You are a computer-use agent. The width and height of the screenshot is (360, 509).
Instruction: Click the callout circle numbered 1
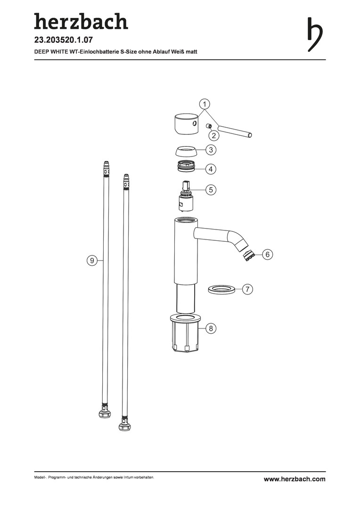tap(205, 104)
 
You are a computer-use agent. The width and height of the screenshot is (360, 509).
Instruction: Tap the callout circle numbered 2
tap(213, 135)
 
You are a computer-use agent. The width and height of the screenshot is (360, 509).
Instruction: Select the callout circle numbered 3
tap(211, 150)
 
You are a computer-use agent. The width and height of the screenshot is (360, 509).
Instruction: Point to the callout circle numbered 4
tap(211, 169)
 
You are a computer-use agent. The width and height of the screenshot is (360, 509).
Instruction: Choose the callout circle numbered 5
tap(211, 189)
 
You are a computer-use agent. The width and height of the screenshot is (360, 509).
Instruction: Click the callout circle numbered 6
tap(268, 254)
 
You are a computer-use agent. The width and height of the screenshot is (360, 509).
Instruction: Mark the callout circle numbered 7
tap(247, 289)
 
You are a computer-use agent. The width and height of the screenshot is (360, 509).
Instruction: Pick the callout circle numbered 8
tap(211, 328)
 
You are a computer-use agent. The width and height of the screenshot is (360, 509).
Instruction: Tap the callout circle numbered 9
tap(92, 260)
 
